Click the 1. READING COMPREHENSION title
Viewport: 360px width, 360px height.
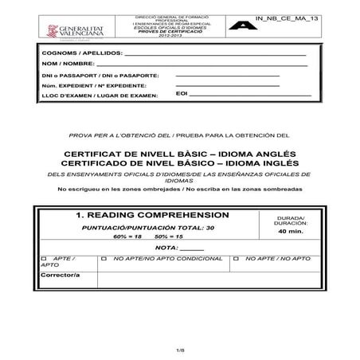(152, 215)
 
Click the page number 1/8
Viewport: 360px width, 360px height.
(180, 350)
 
